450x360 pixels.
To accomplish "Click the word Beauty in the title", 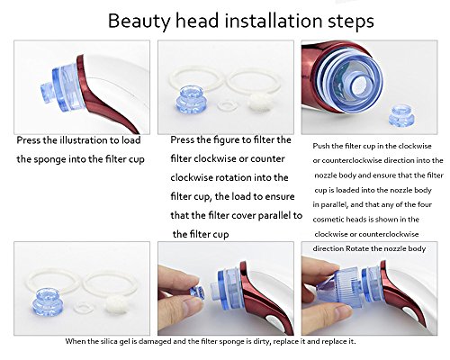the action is pos(139,22).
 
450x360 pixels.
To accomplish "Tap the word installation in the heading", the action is pos(272,21).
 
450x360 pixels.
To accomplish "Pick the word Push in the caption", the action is pos(319,146).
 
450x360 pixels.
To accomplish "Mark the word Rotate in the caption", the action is pos(356,248).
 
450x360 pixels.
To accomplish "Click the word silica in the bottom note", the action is pos(110,341).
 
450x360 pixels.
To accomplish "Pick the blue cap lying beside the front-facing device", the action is pos(402,116).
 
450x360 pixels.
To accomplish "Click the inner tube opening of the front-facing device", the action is pos(360,84).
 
